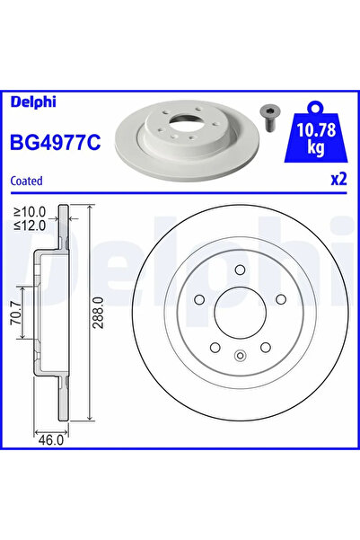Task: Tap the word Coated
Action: pos(26,181)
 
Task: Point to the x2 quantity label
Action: pos(338,179)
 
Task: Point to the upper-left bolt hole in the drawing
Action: pos(199,300)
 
